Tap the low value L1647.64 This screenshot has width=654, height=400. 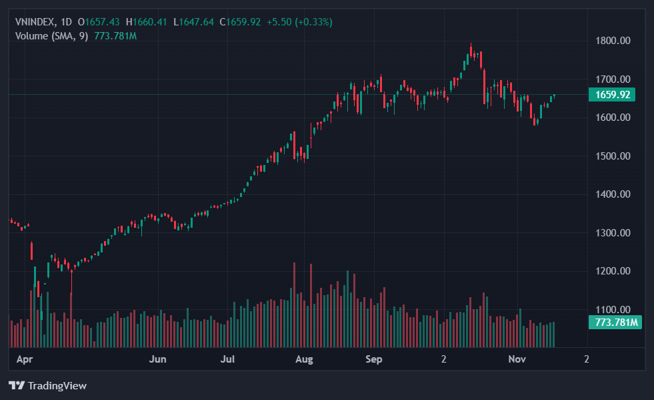pos(194,22)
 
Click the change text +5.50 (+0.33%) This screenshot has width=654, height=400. pos(299,22)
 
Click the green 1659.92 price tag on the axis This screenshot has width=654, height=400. pos(612,95)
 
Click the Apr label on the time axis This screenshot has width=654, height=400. pos(25,359)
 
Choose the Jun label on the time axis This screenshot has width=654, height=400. pos(157,359)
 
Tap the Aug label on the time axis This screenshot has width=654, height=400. pos(304,359)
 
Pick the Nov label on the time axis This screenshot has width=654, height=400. pos(517,359)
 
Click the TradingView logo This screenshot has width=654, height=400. pos(47,385)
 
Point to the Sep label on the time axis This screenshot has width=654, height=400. pos(374,359)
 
